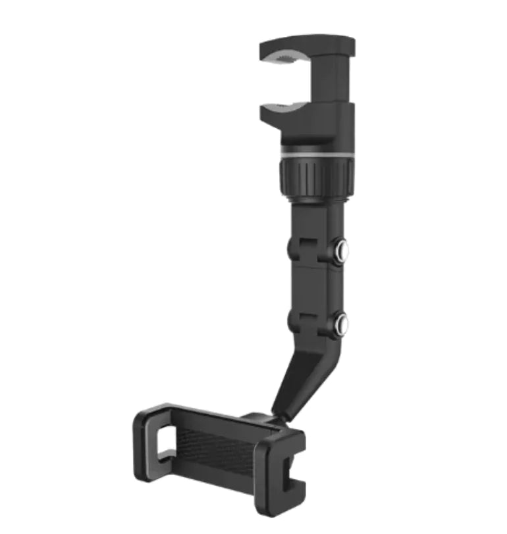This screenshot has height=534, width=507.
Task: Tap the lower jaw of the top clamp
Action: click(296, 114)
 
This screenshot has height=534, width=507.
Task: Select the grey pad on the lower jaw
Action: click(287, 106)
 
